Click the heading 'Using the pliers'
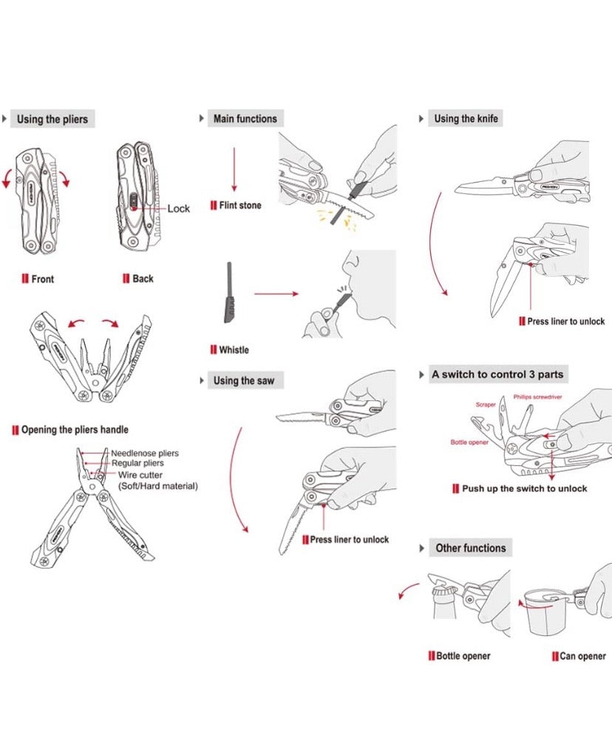(52, 119)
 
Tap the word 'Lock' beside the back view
(178, 209)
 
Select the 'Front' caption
(42, 279)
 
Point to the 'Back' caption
(143, 279)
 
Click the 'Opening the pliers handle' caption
(75, 430)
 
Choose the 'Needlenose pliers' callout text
(145, 453)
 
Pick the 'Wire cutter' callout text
(140, 475)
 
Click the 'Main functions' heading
(245, 118)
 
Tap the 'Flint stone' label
(239, 205)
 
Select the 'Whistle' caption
(234, 350)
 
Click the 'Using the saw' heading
(243, 381)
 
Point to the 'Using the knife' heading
(466, 118)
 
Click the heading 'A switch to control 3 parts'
(497, 374)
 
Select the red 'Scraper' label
(486, 405)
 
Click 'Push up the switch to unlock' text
(524, 488)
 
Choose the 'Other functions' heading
(471, 548)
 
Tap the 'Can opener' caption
(582, 656)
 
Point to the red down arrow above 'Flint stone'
(234, 169)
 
